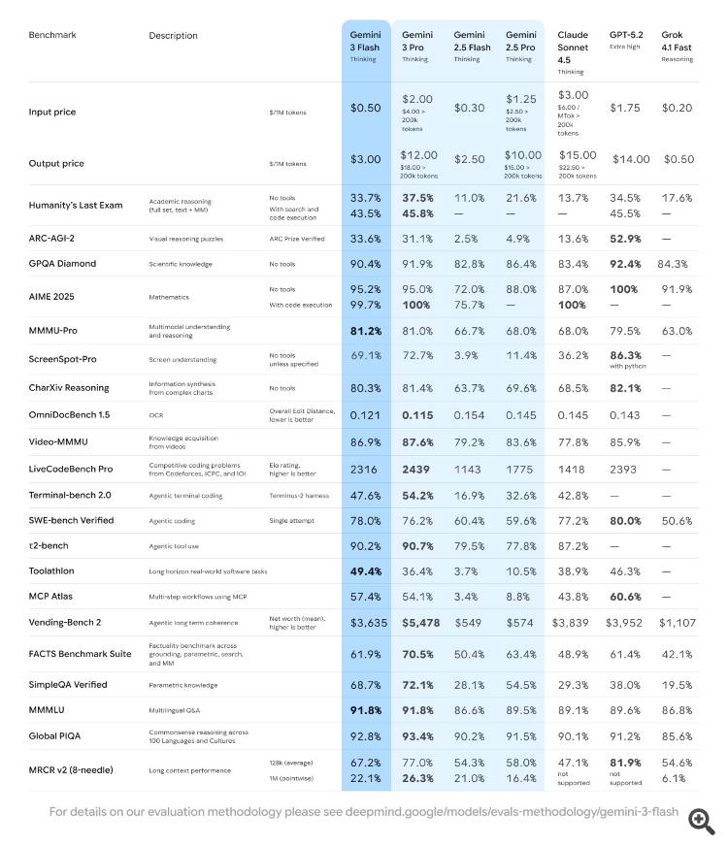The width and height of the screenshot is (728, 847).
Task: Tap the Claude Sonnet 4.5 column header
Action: pos(573,48)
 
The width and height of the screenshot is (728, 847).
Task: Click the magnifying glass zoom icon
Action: pos(701,821)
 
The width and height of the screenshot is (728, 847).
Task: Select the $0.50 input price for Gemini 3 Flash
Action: pos(366,108)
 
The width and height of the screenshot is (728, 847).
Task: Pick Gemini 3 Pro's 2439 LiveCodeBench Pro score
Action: pos(417,468)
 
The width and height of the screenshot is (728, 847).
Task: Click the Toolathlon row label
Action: pos(53,571)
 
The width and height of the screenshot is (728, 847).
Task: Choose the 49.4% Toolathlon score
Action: pos(366,571)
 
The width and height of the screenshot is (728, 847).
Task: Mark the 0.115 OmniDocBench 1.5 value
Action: pos(417,414)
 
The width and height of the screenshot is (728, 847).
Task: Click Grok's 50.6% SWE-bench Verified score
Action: pos(678,520)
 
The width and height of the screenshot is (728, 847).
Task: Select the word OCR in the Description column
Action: pos(156,414)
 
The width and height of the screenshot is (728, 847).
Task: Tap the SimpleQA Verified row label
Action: pos(67,685)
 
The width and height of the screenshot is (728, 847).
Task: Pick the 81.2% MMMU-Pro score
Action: pos(366,330)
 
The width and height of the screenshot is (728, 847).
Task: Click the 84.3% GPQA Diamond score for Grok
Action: pos(678,264)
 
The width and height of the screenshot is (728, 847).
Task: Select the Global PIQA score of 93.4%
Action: pos(417,735)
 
